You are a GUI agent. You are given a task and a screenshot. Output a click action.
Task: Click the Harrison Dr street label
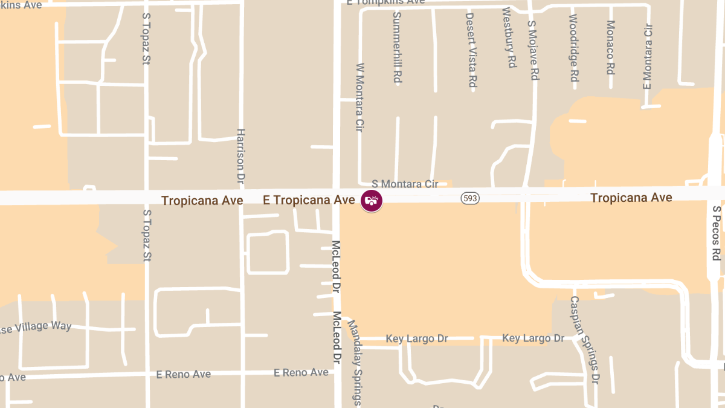240,156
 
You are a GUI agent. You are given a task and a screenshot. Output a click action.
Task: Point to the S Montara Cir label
405,184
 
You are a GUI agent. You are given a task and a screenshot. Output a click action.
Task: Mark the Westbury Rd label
509,37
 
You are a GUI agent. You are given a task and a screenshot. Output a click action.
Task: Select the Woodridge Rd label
574,48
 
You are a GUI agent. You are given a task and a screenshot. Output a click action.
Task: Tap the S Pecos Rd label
717,233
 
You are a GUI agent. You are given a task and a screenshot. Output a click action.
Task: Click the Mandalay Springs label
354,363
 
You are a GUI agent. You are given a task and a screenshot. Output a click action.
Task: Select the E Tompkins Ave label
386,2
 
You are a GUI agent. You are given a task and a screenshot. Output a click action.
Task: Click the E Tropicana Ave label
309,199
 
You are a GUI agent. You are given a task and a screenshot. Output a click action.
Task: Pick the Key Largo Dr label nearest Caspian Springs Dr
533,338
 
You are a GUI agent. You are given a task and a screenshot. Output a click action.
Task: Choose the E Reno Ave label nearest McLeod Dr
301,373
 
